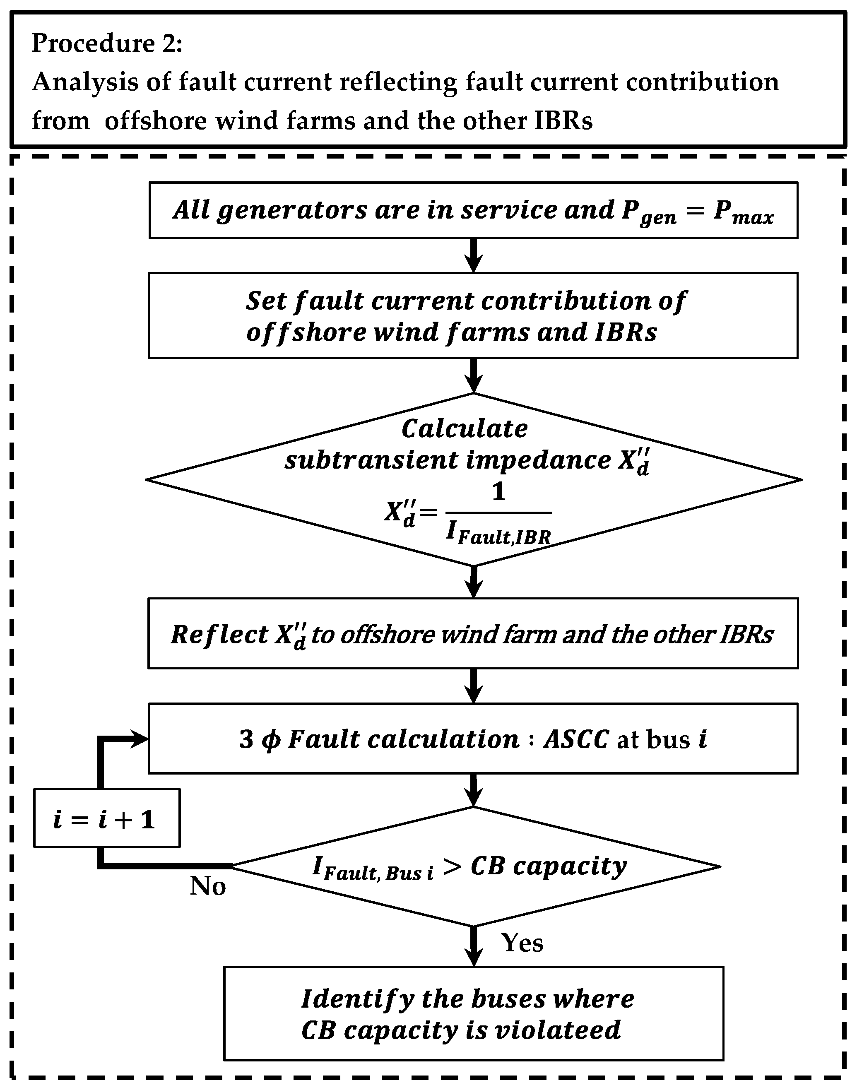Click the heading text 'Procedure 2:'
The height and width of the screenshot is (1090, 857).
(x=107, y=43)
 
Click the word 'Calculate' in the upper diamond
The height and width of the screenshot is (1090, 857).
(x=465, y=429)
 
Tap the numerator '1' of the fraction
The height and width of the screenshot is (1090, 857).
(x=498, y=491)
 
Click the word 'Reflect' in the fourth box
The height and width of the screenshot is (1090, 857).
(x=220, y=635)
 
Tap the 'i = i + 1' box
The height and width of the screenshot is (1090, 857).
(x=106, y=821)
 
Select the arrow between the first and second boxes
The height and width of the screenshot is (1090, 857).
(x=473, y=256)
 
